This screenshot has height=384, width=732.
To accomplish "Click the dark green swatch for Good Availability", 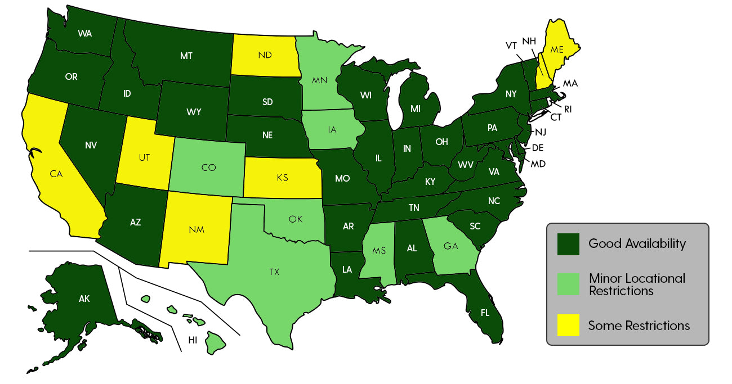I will click(569, 244).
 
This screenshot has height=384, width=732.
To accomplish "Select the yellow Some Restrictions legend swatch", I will click(569, 326).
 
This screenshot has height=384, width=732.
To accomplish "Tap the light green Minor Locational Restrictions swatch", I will click(569, 284).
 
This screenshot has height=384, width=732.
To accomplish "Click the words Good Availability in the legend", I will click(637, 243).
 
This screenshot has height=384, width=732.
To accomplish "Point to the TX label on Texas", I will click(274, 272).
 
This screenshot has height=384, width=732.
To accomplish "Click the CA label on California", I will click(56, 174).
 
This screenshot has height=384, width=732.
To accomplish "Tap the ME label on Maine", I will click(557, 49).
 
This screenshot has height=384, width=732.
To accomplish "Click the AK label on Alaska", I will click(84, 299).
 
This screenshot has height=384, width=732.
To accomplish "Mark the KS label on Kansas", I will click(282, 178).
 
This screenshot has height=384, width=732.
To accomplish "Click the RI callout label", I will click(568, 109).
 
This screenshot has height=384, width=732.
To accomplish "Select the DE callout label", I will click(538, 148).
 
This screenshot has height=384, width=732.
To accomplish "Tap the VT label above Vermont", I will click(511, 46).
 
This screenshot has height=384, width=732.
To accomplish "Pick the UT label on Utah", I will click(144, 157).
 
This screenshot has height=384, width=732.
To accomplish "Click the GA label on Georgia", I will click(450, 245).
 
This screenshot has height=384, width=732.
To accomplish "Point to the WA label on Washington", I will click(85, 33).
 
